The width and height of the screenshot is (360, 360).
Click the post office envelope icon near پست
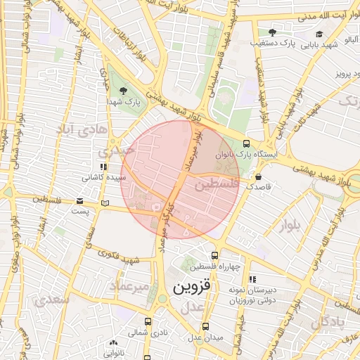[x=79, y=201]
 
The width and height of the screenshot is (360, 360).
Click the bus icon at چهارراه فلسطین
[x=214, y=255]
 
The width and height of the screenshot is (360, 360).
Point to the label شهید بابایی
[x=321, y=45]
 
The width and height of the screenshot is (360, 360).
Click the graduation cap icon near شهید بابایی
[x=320, y=34]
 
